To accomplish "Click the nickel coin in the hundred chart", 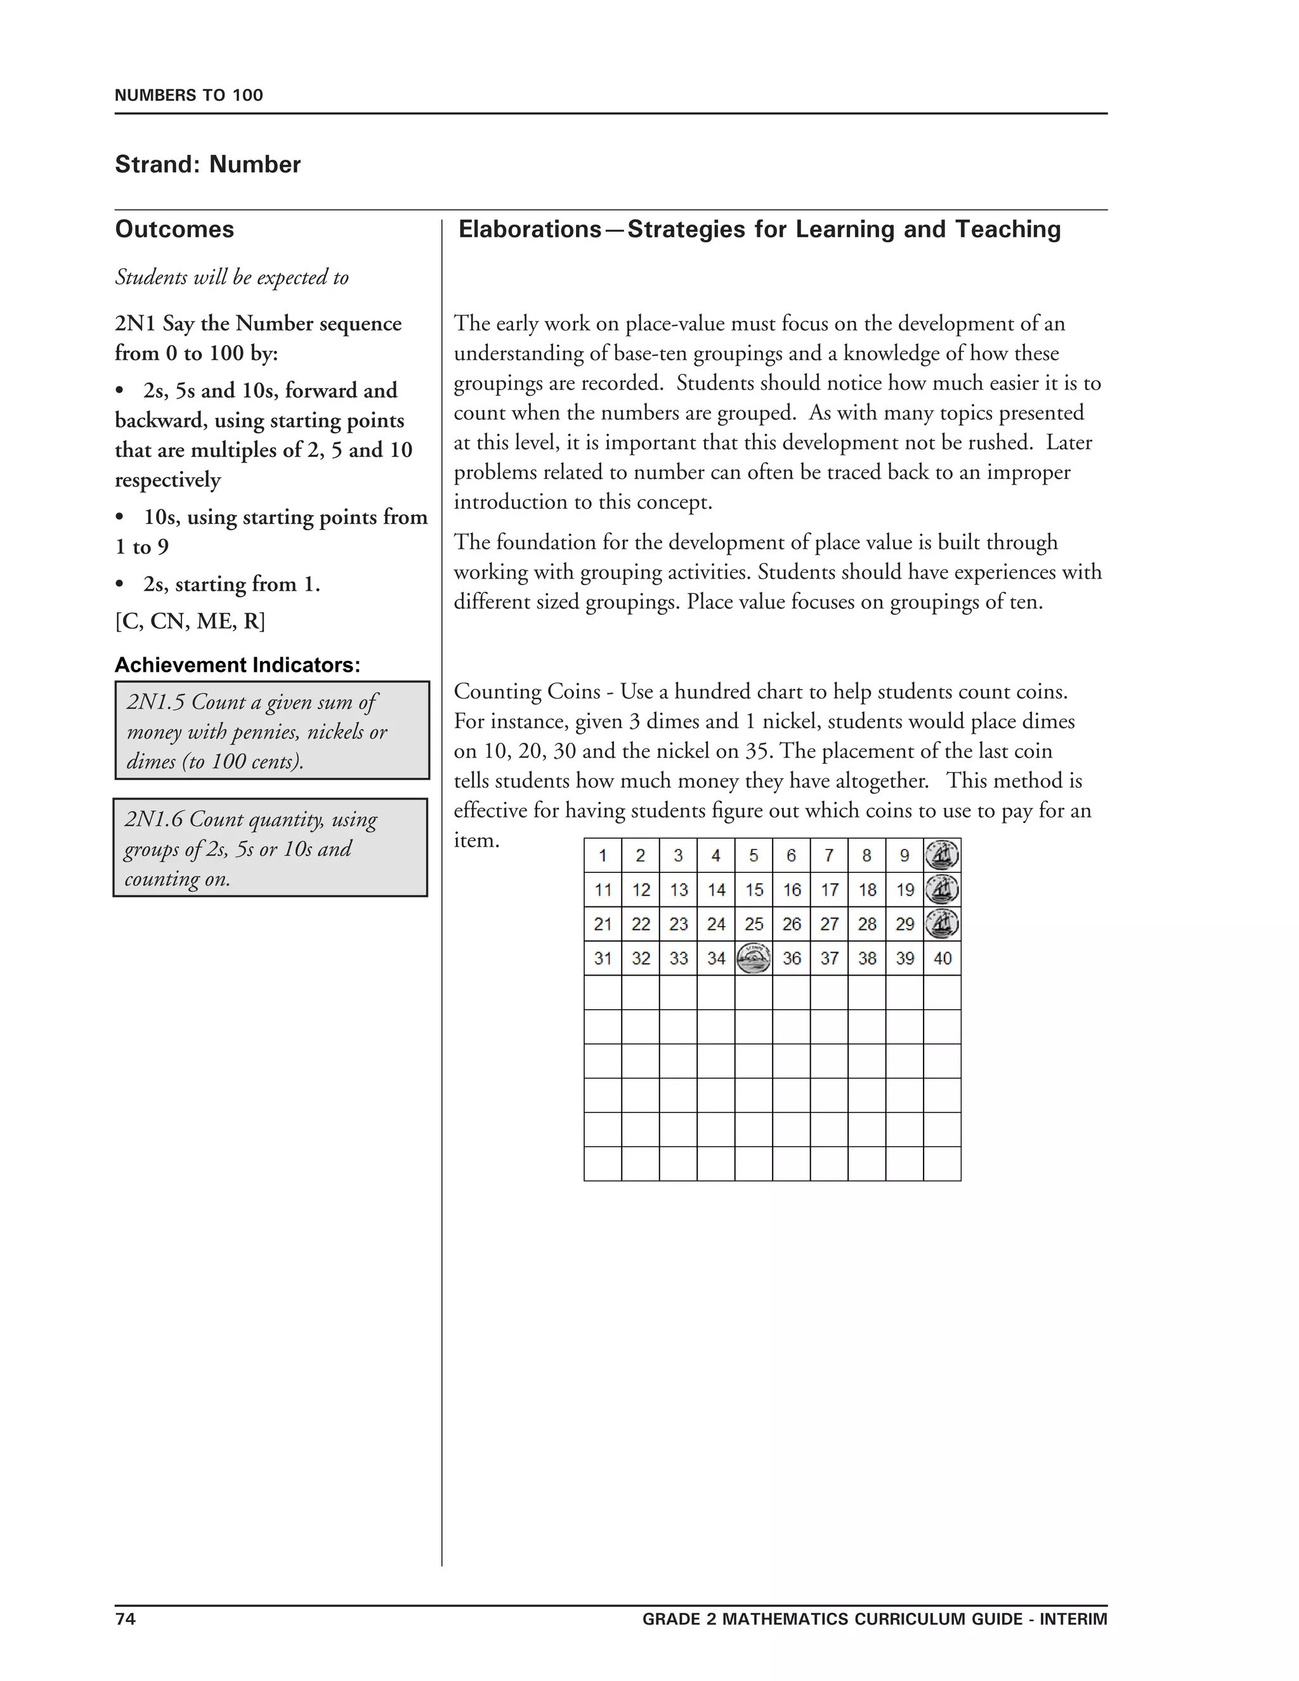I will pyautogui.click(x=754, y=958).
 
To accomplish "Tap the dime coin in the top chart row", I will pyautogui.click(x=942, y=855).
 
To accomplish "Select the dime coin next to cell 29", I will pyautogui.click(x=942, y=924).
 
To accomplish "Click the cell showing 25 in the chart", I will pyautogui.click(x=754, y=924).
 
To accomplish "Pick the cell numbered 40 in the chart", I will pyautogui.click(x=942, y=958).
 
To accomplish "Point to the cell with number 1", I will pyautogui.click(x=603, y=855).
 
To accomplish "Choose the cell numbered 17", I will pyautogui.click(x=829, y=890).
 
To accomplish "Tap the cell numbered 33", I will pyautogui.click(x=678, y=958).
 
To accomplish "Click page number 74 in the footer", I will pyautogui.click(x=126, y=1619).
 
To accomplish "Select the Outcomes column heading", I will pyautogui.click(x=174, y=230).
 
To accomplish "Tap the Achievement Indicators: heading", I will pyautogui.click(x=237, y=665).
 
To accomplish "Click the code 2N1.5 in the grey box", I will pyautogui.click(x=155, y=702).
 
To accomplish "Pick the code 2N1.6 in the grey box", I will pyautogui.click(x=154, y=819).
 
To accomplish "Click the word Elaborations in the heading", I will pyautogui.click(x=530, y=230).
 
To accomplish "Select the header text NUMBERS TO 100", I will pyautogui.click(x=188, y=95).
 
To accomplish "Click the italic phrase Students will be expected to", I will pyautogui.click(x=232, y=277).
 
